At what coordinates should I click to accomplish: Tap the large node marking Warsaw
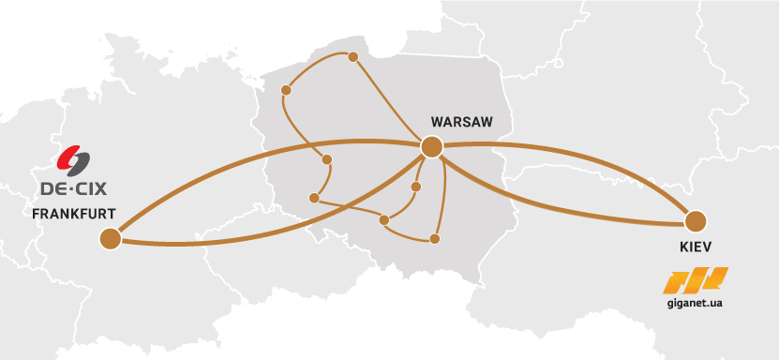tap(431, 146)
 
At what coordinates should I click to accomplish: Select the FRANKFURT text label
tap(73, 214)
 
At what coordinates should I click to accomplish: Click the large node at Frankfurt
tap(111, 240)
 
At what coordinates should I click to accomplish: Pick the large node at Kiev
tap(695, 222)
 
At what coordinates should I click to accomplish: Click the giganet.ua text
tap(696, 304)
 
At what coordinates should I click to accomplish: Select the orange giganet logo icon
tap(696, 279)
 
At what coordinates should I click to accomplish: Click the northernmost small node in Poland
tap(353, 57)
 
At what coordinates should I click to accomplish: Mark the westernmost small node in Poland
tap(288, 91)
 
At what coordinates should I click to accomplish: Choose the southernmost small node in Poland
tap(434, 239)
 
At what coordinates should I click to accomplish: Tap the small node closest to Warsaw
tap(416, 187)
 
